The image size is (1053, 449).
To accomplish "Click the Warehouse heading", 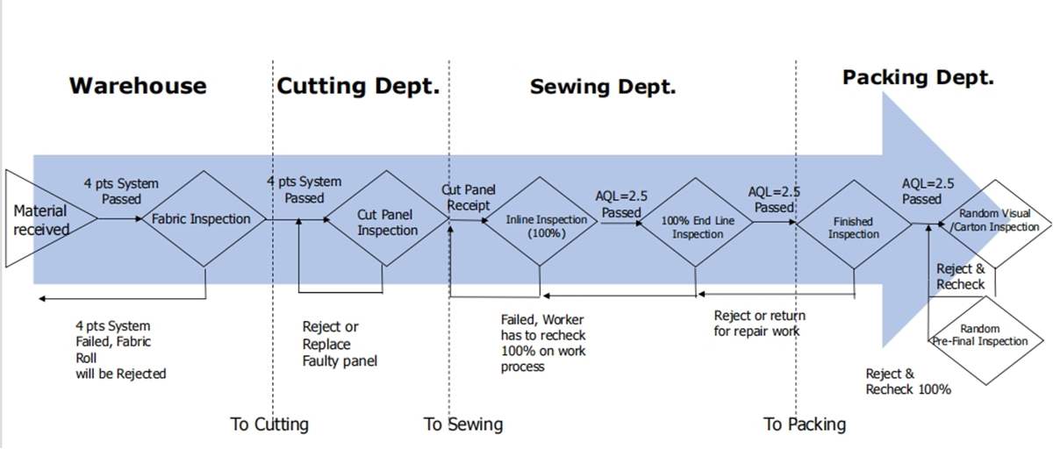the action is [138, 86].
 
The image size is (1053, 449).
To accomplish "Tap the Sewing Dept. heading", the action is [603, 87].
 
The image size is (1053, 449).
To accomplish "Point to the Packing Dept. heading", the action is [918, 78].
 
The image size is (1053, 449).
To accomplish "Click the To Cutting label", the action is [269, 424].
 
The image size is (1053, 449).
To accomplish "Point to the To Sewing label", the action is [463, 424].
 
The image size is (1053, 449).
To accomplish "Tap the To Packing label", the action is [805, 424].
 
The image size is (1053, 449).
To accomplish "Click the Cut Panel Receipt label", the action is [469, 197].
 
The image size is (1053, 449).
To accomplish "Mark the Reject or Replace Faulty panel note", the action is [340, 344].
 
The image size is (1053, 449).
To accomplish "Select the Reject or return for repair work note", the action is [759, 323].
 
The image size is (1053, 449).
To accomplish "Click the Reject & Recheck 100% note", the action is [908, 381].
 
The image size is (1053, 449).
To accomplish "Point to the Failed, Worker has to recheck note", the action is [543, 343].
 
